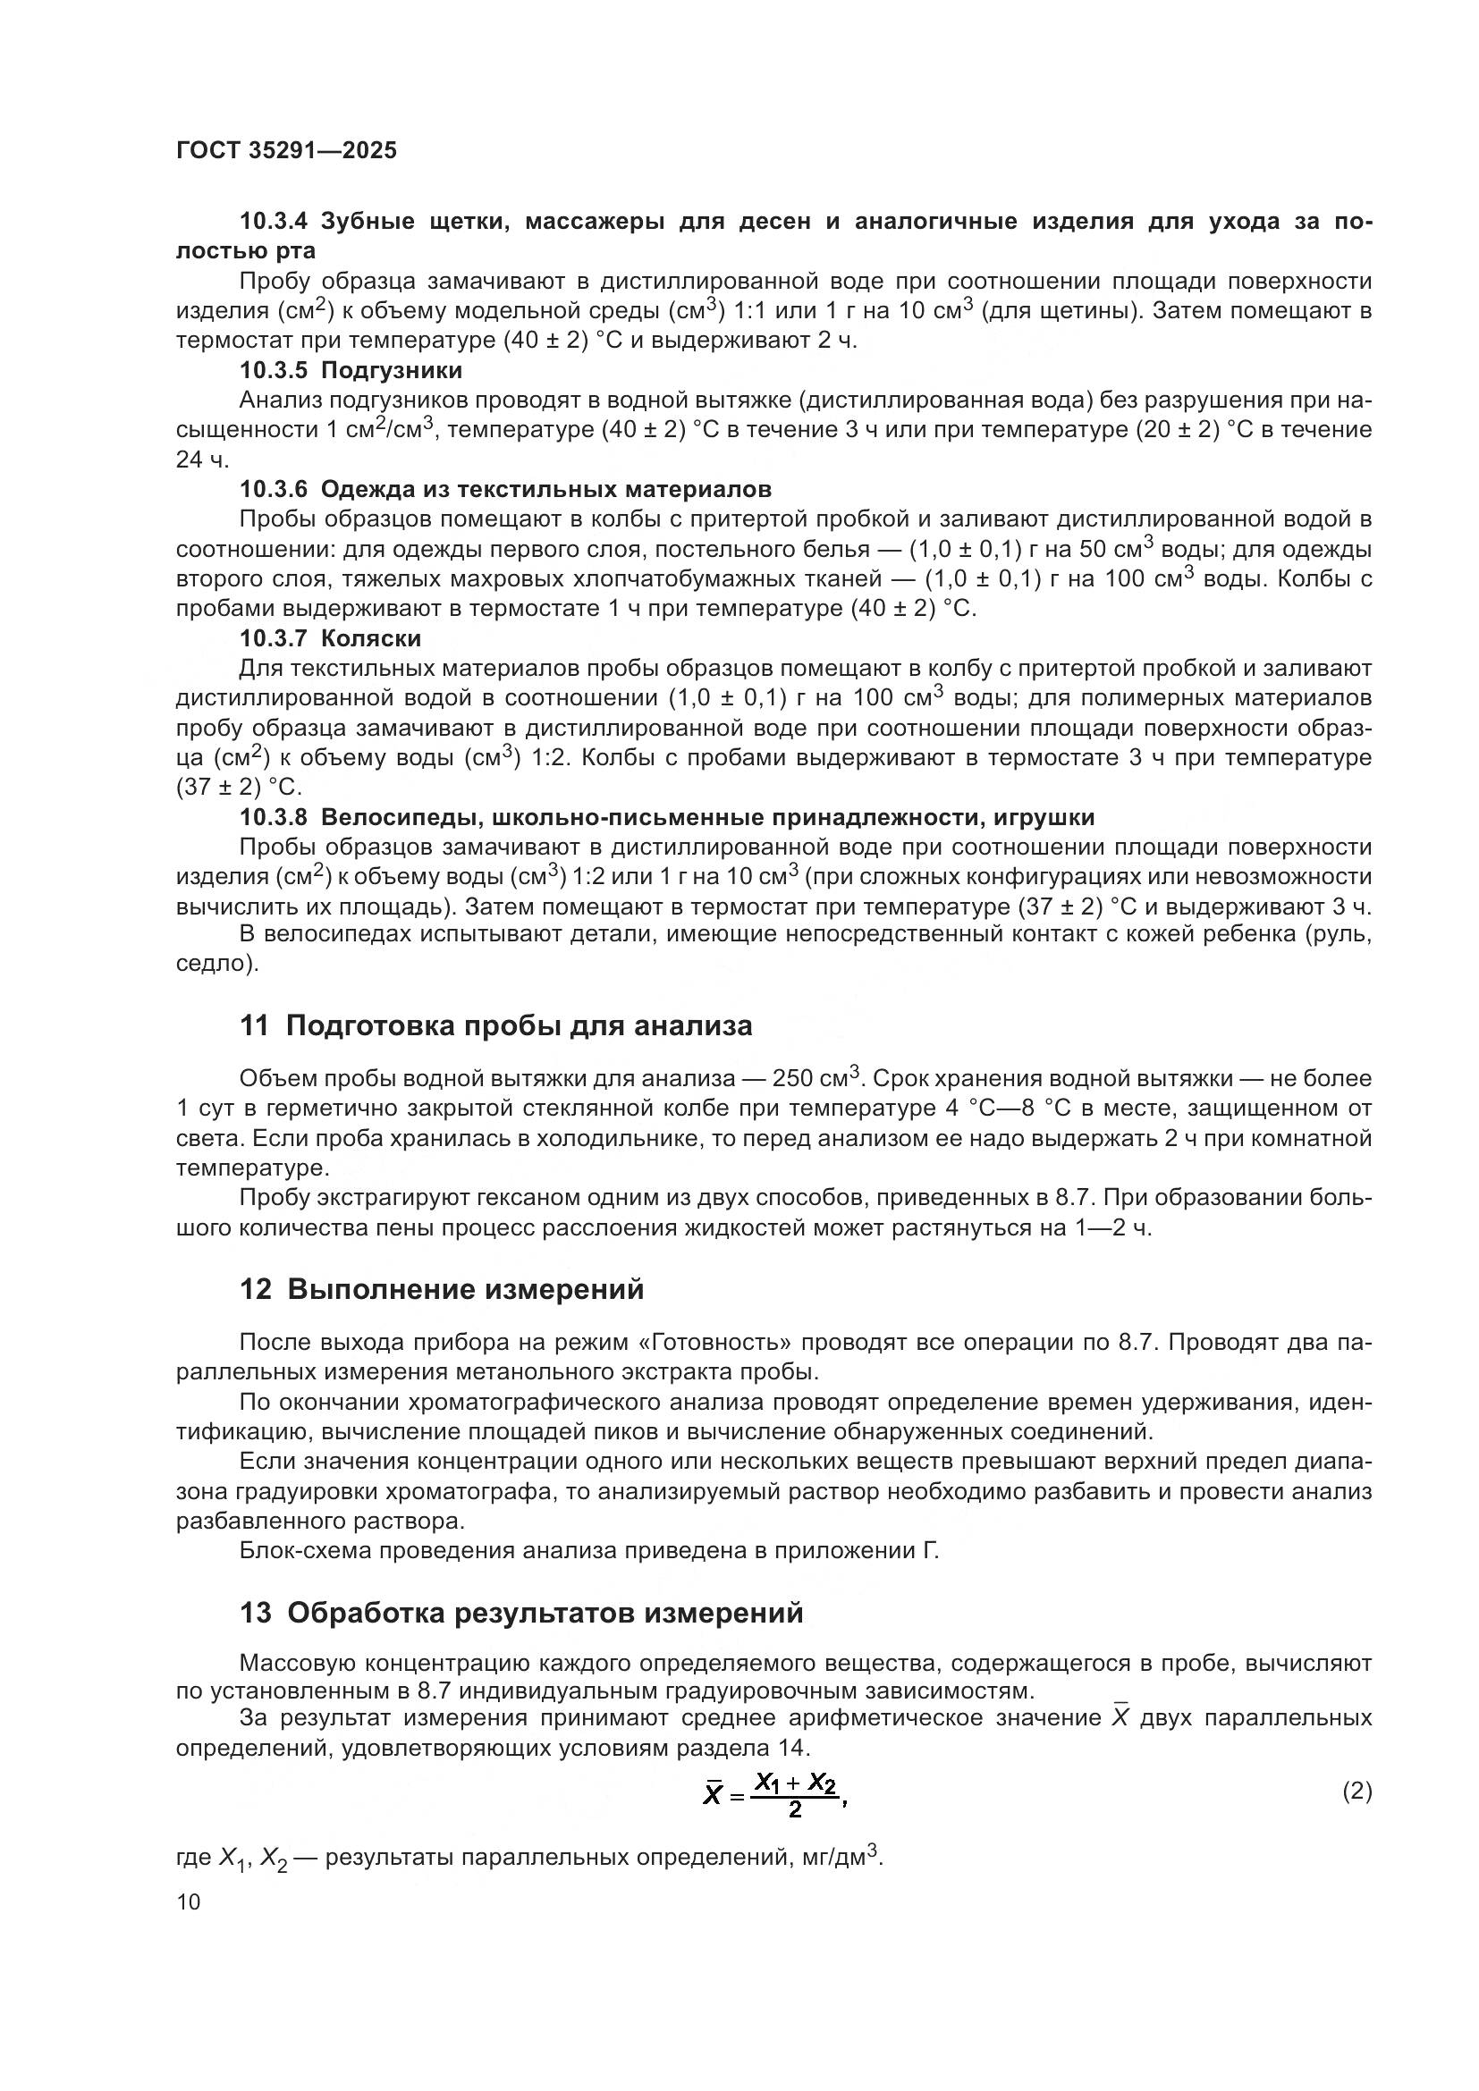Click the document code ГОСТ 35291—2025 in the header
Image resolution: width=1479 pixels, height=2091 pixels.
[286, 151]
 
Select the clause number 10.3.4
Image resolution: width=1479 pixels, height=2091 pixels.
[275, 222]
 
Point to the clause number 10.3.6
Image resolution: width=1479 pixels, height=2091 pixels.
[275, 490]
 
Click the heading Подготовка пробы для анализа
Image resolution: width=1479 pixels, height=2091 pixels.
[520, 1026]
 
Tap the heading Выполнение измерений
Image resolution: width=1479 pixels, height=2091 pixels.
[465, 1290]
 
